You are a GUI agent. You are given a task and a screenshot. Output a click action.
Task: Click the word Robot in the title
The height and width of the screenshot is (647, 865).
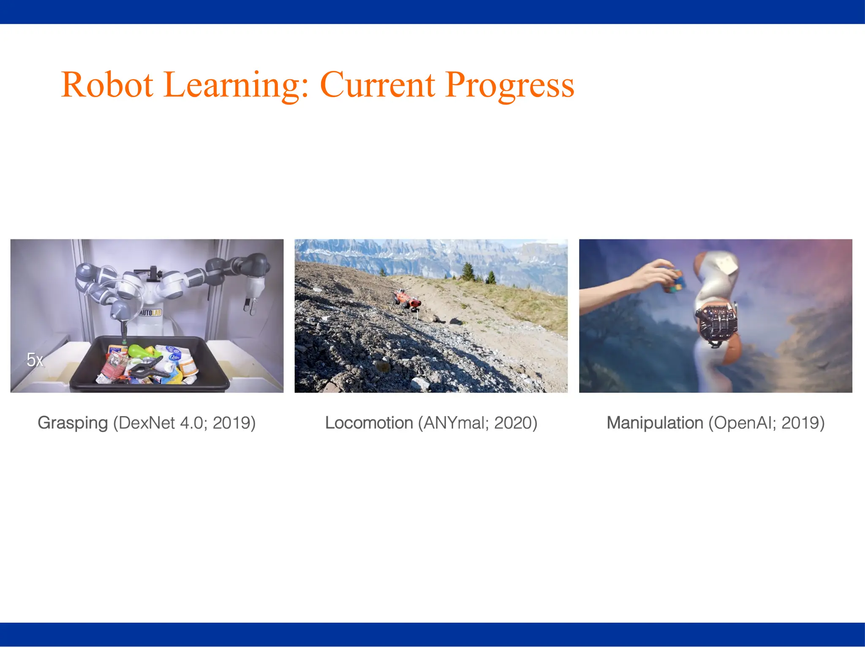pyautogui.click(x=107, y=85)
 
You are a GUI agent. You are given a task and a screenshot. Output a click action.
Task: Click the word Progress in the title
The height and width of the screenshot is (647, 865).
pyautogui.click(x=509, y=85)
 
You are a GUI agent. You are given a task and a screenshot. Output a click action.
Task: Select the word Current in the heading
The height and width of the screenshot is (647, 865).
pyautogui.click(x=377, y=85)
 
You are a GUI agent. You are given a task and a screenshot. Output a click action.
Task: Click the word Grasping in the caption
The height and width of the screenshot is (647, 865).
pyautogui.click(x=73, y=423)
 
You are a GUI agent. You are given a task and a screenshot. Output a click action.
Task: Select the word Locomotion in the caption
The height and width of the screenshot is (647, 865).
pyautogui.click(x=369, y=423)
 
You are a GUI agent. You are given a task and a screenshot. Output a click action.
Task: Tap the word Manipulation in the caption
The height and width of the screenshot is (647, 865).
pyautogui.click(x=655, y=423)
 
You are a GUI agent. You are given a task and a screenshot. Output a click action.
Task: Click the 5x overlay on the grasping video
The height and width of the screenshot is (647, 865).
pyautogui.click(x=35, y=360)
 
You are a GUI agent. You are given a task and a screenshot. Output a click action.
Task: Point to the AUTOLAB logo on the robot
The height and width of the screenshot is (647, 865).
pyautogui.click(x=150, y=313)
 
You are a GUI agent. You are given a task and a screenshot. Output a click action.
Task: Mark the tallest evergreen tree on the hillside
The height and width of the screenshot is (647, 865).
pyautogui.click(x=468, y=271)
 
